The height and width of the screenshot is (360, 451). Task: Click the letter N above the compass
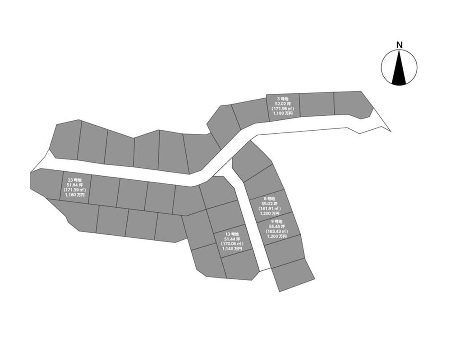pos(399,45)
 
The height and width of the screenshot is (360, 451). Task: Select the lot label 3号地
pos(282,99)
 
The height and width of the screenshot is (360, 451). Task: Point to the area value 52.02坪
pos(282,104)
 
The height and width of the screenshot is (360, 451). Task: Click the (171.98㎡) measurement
pos(282,109)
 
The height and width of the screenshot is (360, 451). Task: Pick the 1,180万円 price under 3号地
pos(282,114)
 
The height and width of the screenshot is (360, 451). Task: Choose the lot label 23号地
pos(74,180)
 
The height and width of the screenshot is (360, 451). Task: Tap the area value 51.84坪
pos(74,185)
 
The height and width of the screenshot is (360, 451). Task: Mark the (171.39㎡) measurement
pos(74,190)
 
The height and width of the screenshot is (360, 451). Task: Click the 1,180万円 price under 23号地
pos(74,195)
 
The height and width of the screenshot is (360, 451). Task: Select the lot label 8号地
pos(269,199)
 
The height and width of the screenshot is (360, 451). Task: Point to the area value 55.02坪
pos(269,204)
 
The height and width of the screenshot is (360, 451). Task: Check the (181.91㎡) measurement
pos(269,209)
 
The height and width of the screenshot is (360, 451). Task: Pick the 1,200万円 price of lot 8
pos(269,214)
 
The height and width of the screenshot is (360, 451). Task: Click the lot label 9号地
pos(276,221)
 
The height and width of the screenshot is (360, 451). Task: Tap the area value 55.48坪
pos(276,226)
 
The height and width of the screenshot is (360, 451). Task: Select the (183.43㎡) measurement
pos(276,231)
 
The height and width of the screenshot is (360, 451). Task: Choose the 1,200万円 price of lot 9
pos(276,236)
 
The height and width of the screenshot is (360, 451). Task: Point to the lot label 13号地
pos(232,234)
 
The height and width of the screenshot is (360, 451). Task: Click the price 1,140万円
pos(232,249)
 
